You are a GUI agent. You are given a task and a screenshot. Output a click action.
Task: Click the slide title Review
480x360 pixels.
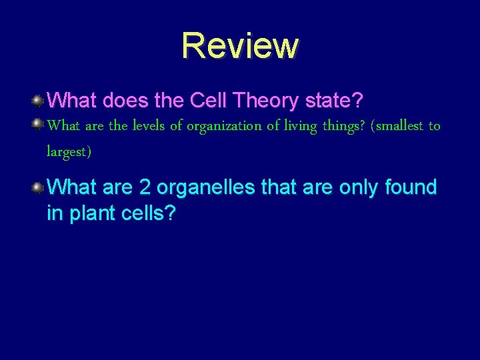tap(240, 45)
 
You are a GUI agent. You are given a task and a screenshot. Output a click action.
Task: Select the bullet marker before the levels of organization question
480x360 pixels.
tap(38, 123)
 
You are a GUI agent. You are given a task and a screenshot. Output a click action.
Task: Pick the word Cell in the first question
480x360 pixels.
tap(208, 101)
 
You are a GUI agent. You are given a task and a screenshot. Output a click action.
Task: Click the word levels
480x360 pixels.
tap(148, 126)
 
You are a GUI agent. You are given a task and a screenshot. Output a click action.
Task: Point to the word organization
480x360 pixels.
tap(219, 126)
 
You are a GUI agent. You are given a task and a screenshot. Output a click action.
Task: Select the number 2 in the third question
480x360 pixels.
tap(145, 188)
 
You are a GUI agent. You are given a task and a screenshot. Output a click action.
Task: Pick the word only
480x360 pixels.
tap(360, 188)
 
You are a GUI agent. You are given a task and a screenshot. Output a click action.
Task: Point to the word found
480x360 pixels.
tap(411, 188)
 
